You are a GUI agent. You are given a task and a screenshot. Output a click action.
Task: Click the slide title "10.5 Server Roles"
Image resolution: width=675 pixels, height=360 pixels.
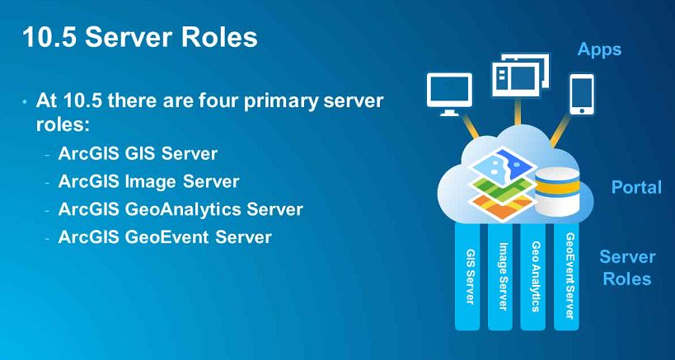coord(139,37)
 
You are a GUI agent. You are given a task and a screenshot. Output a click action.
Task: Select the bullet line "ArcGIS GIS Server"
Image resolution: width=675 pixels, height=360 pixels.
coord(138,153)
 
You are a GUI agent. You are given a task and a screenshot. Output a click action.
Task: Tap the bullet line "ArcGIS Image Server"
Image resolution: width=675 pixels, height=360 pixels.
coord(148,181)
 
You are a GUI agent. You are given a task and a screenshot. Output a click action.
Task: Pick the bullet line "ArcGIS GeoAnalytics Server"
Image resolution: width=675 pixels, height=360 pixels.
coord(180,209)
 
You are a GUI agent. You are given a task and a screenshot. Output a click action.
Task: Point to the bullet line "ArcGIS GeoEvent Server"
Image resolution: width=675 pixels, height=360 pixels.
coord(165,237)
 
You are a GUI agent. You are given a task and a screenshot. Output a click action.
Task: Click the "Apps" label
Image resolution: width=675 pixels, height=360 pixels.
coord(599,49)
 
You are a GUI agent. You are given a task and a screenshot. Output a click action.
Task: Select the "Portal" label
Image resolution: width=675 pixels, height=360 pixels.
coord(636,187)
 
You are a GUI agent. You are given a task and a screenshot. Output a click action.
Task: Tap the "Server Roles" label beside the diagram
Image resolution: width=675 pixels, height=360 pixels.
coord(627,268)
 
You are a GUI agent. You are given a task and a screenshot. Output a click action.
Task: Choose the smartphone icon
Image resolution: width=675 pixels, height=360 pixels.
coord(583,94)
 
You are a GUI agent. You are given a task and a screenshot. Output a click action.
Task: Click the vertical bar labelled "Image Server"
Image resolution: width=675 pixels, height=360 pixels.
coord(503,276)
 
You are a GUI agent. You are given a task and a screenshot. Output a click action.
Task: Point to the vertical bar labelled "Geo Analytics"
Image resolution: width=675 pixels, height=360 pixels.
coord(536,276)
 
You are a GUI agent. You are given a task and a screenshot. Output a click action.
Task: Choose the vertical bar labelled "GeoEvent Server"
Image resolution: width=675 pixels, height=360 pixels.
coord(570,276)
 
